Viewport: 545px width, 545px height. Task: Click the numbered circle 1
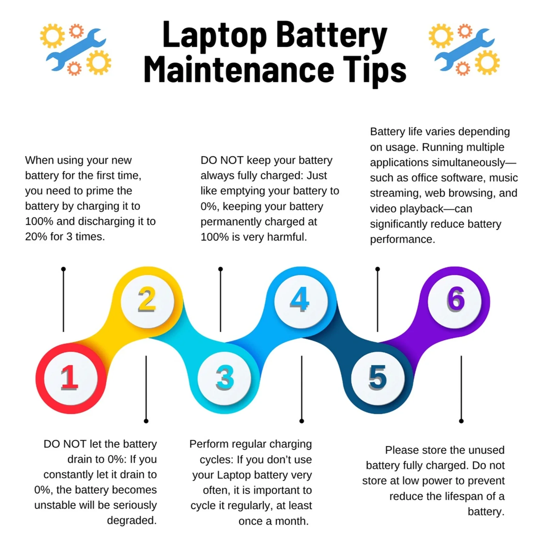click(x=71, y=378)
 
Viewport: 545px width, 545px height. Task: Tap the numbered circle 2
click(x=147, y=301)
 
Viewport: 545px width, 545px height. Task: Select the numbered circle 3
click(x=224, y=378)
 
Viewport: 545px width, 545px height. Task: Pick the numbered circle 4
click(x=301, y=301)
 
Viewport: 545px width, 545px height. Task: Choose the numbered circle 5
click(x=378, y=378)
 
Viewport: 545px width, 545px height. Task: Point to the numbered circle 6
click(x=455, y=301)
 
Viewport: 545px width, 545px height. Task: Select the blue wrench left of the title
click(x=76, y=49)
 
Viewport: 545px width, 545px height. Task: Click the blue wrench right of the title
click(x=464, y=49)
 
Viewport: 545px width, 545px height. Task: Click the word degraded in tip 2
click(x=132, y=520)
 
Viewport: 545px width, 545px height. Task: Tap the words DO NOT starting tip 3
click(x=222, y=160)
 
